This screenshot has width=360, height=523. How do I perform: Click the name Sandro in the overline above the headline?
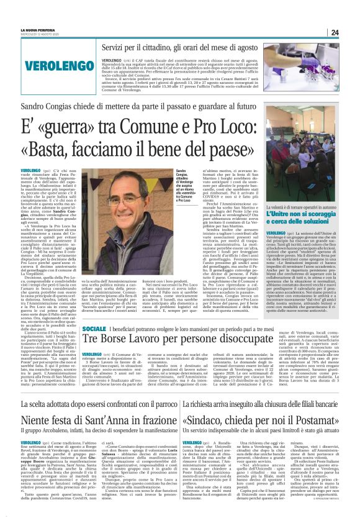coord(36,107)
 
